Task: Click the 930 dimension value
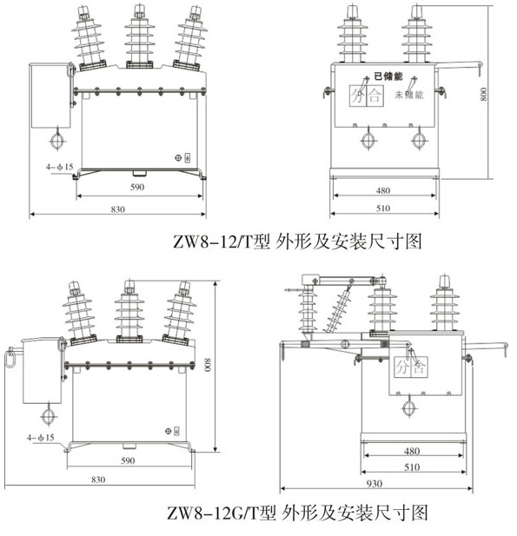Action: coord(374,484)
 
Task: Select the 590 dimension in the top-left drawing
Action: coord(137,187)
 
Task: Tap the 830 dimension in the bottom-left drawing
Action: coord(98,480)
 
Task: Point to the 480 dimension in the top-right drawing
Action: coord(383,190)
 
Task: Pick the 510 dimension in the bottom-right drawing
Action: coord(412,467)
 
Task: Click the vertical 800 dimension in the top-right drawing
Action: coord(483,95)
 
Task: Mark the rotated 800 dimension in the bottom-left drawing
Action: coord(208,365)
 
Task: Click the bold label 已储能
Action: coord(388,76)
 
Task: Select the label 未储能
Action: coord(409,95)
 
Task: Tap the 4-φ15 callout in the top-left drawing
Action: coord(60,167)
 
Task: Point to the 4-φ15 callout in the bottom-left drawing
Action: coord(41,437)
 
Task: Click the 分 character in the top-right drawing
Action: coord(358,96)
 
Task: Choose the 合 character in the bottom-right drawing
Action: coord(419,367)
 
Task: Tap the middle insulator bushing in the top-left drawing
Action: coord(140,36)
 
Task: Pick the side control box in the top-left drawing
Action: coord(50,96)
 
